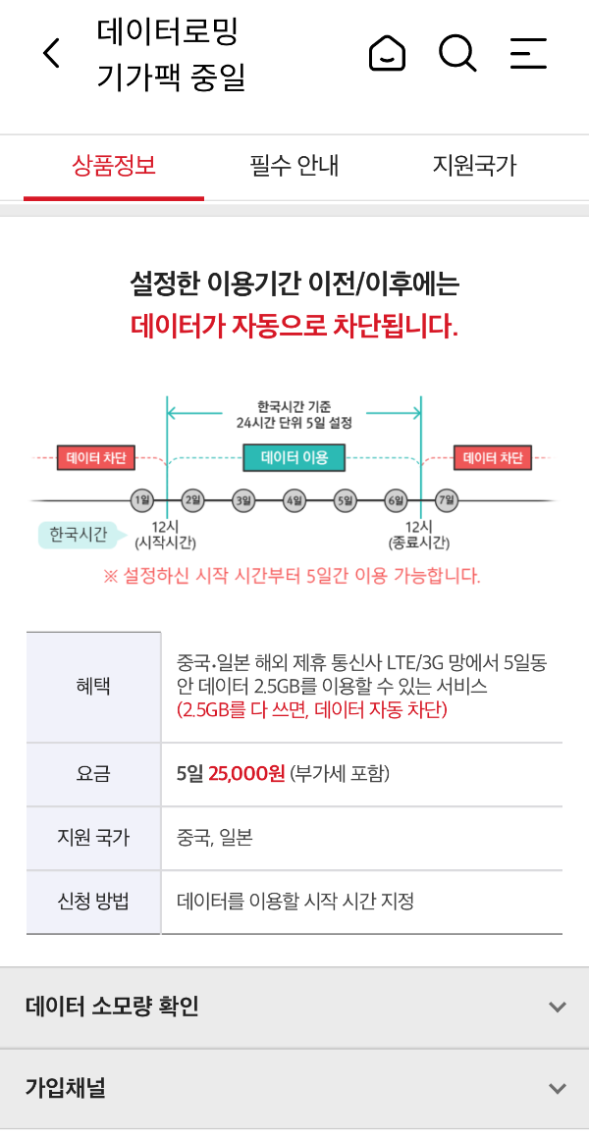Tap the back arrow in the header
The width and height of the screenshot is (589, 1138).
[52, 54]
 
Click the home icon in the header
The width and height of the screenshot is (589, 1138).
[387, 53]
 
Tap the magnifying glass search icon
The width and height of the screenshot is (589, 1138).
[456, 53]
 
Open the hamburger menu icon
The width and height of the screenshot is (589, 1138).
[528, 53]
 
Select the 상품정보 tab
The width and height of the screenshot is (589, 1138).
[114, 165]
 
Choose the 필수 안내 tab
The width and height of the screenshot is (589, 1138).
[294, 165]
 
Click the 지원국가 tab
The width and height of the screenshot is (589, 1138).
[474, 165]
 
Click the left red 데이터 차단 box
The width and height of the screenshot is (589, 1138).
[96, 457]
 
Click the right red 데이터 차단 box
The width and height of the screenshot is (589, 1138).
[493, 457]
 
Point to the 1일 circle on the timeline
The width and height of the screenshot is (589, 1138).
[142, 500]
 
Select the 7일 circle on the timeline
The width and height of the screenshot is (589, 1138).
[448, 500]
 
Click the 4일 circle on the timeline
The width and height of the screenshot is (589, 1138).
[294, 500]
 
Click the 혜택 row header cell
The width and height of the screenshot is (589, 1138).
[93, 687]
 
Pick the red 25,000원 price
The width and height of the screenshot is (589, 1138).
[246, 774]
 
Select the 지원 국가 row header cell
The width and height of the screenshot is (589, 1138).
[93, 838]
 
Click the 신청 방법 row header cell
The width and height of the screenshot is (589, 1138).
[93, 902]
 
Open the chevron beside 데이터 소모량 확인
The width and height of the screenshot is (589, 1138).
[558, 1007]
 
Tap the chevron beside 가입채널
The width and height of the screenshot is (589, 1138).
[558, 1088]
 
